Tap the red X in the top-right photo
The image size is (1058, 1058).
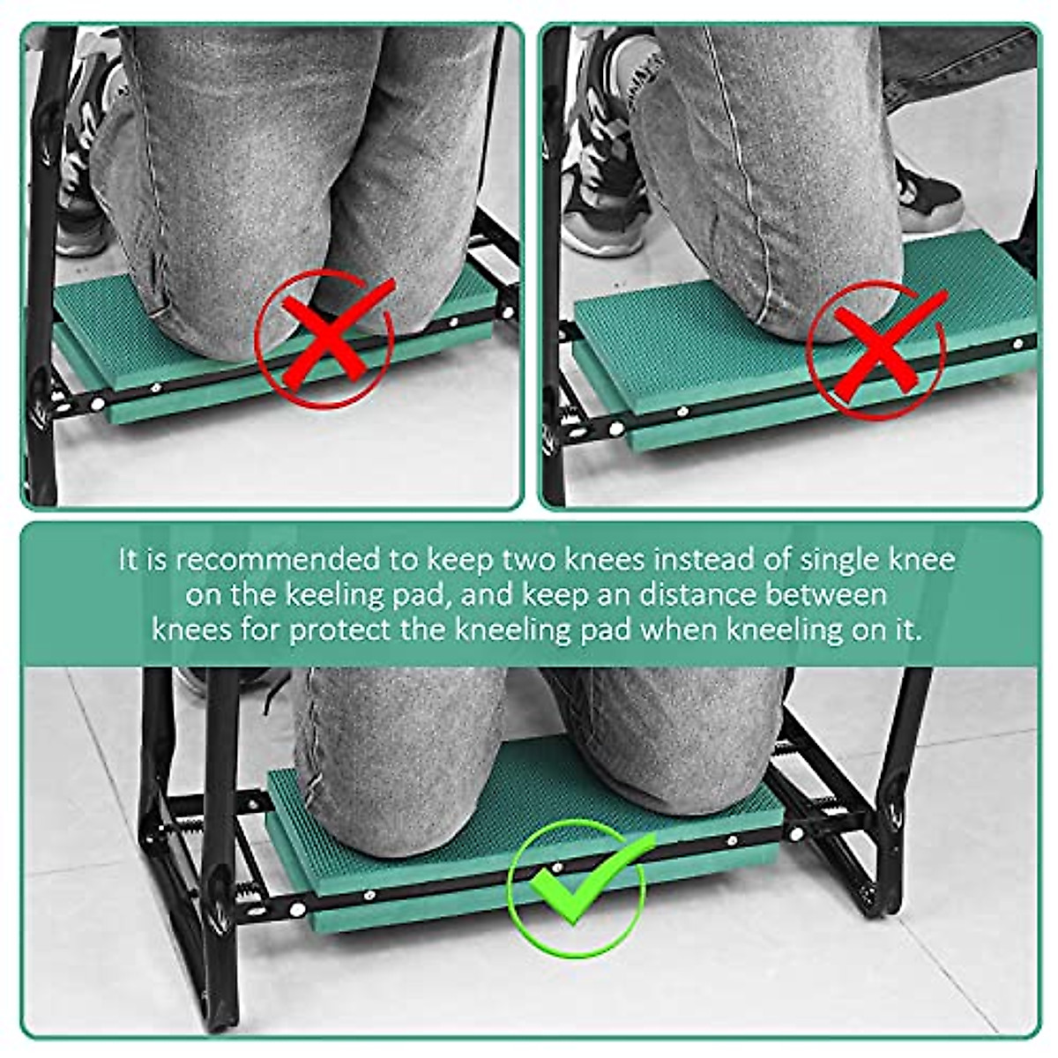pos(875,351)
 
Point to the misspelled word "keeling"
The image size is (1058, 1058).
pos(333,595)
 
